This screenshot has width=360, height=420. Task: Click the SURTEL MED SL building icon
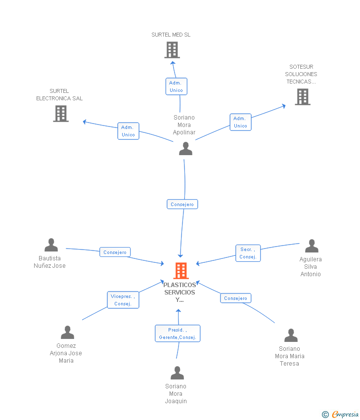point(172,50)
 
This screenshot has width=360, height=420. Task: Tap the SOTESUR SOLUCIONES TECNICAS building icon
point(303,97)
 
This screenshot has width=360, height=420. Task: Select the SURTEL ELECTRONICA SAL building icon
point(61,114)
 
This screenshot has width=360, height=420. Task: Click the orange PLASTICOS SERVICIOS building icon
point(181,271)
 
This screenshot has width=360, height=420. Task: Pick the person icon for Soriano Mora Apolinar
point(186,149)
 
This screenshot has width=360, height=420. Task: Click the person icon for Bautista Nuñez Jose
point(51,245)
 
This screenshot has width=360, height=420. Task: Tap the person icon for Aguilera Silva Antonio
point(312,246)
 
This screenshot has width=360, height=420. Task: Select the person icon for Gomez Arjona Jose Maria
point(67,333)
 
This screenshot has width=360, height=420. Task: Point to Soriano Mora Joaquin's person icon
point(177,373)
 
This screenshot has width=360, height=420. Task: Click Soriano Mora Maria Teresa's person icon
point(291,336)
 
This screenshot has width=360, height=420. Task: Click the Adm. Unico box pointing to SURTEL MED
point(177,86)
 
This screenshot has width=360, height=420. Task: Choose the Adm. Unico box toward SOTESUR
point(240,122)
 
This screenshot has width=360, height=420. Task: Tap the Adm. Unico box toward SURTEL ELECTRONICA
point(129,131)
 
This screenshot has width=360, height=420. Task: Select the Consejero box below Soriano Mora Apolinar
point(182,204)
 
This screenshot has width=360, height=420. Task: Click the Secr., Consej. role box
point(248,253)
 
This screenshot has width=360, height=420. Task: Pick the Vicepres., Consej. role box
point(123,300)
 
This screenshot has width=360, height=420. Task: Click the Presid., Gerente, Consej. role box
point(178,334)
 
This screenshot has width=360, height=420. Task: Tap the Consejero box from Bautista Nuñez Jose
point(115,252)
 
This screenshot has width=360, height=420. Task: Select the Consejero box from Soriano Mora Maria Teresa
point(235,298)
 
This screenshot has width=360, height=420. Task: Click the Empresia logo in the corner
point(340,415)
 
